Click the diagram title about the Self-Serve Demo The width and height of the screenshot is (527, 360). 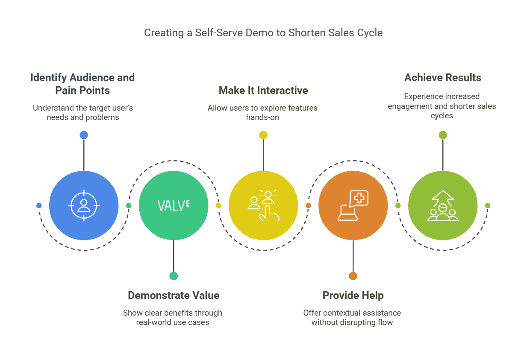263,33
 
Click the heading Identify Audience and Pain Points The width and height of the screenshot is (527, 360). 82,84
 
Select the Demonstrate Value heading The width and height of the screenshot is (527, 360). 174,295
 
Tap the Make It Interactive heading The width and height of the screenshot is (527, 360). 263,90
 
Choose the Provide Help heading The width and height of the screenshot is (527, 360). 353,295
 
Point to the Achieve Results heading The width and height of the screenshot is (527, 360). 443,77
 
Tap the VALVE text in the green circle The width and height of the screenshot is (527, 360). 174,205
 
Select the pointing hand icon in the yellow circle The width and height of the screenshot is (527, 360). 263,205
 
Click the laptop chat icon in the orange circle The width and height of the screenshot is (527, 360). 353,205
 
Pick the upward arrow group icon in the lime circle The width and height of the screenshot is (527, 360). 443,205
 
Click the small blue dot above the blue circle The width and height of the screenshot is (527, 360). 84,135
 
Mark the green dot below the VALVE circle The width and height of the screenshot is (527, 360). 174,276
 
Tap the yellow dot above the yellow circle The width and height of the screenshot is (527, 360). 263,135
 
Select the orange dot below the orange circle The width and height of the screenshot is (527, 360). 353,276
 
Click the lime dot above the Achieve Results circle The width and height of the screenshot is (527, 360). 443,135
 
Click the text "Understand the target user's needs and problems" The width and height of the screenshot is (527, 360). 83,112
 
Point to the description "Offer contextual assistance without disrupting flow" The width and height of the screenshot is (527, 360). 352,317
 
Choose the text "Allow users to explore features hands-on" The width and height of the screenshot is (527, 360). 262,112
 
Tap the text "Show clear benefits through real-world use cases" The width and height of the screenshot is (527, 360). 173,317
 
